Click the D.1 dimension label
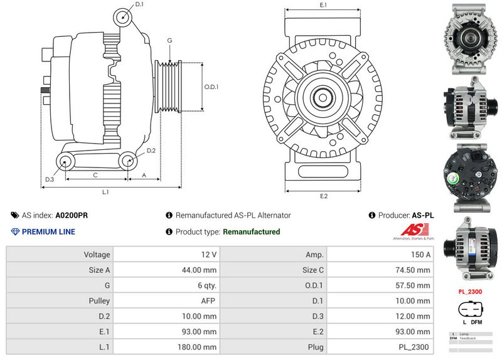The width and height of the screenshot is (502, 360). [139, 4]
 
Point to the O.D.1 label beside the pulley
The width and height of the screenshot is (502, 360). [211, 87]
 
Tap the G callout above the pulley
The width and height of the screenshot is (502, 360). [169, 41]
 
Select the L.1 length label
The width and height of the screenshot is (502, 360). [106, 191]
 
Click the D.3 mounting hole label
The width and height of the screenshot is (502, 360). [50, 180]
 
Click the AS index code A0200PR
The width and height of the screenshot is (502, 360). [72, 215]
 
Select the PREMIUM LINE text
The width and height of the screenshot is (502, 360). [48, 232]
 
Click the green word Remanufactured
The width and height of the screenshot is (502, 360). [252, 232]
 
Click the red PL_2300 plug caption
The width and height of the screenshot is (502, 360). [470, 292]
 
